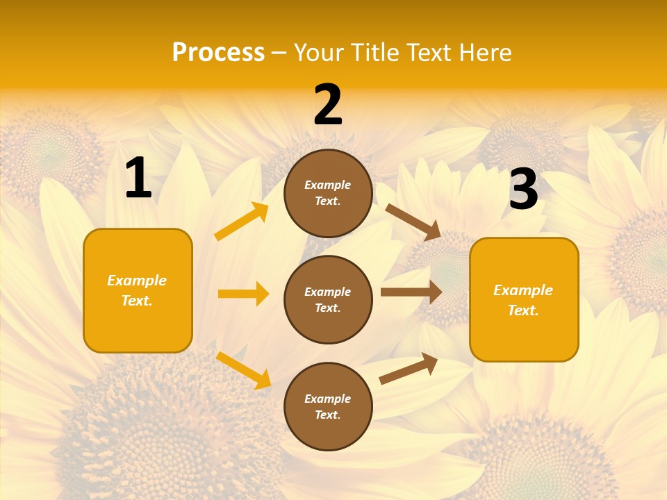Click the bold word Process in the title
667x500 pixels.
218,53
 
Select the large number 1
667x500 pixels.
138,178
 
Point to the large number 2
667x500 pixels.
328,105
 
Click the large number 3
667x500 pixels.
523,189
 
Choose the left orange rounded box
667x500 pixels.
138,290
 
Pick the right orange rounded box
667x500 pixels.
524,300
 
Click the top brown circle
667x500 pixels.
328,193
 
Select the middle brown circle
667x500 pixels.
328,299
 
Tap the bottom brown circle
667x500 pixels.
328,406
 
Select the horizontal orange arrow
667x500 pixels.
243,294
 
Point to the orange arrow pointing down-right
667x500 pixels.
243,370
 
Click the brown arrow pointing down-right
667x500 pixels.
413,222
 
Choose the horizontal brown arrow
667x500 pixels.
411,292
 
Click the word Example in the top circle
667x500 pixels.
328,185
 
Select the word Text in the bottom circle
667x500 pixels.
327,415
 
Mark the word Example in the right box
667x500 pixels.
523,290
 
